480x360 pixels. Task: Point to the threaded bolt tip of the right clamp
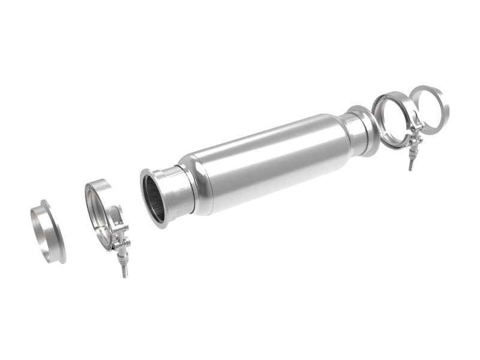click(x=412, y=164)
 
